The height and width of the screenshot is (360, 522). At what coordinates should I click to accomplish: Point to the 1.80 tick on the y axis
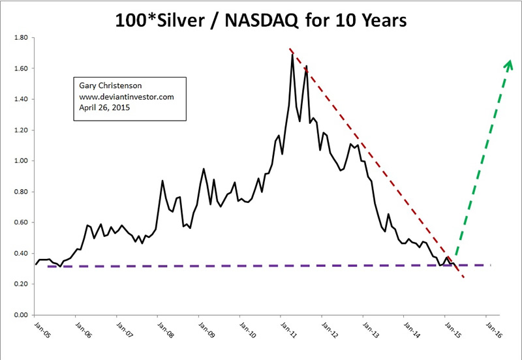(x=22, y=38)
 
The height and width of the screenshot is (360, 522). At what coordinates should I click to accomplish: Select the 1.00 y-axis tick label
(x=22, y=161)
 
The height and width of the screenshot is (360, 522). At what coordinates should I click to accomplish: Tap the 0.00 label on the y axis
(x=22, y=315)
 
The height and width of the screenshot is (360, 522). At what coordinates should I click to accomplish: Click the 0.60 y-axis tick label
(x=22, y=222)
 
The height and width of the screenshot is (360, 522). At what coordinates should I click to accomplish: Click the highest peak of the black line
(x=292, y=55)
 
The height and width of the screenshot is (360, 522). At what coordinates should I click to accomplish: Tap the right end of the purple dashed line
(x=490, y=265)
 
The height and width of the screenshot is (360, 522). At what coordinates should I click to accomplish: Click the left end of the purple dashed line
(x=48, y=266)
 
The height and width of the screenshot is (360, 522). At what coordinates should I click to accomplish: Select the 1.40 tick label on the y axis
(x=22, y=99)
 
